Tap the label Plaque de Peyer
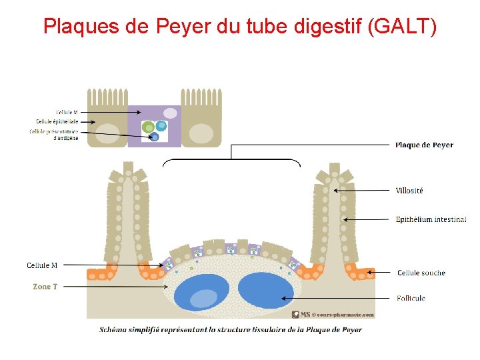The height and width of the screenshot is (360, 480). coord(424,145)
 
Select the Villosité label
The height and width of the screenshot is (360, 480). coord(409,191)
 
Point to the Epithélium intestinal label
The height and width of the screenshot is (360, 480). coord(431,219)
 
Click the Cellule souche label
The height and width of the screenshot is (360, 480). coord(421,273)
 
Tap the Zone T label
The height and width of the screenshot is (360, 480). coord(45,287)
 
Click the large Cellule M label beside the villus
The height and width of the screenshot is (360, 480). coord(42,265)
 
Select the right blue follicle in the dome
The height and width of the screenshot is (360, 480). coord(265,291)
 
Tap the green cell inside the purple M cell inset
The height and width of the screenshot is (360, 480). coord(148,127)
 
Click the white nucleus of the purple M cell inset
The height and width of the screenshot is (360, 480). coord(171,113)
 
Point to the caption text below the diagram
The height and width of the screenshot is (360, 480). coord(231,329)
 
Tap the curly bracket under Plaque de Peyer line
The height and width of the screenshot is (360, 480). coord(231,161)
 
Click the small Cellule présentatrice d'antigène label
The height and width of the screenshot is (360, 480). coord(54,135)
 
